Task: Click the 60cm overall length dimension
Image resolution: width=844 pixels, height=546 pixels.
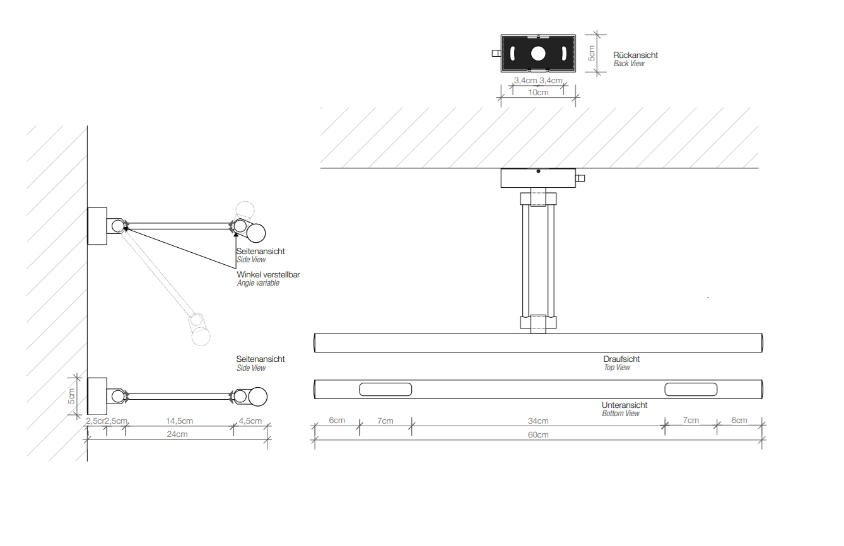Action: point(538,435)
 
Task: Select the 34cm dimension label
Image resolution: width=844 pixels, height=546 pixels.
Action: point(538,421)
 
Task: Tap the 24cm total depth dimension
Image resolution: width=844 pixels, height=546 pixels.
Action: point(177,434)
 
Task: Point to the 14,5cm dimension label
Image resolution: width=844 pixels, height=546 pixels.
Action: point(179,421)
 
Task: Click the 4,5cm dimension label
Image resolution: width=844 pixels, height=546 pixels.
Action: point(250,421)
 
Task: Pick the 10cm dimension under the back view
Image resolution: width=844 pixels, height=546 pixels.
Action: point(538,93)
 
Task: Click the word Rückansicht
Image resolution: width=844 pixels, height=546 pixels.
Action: point(636,55)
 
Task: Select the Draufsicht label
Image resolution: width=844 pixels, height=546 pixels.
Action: point(621,359)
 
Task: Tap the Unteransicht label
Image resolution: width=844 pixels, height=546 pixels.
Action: point(624,405)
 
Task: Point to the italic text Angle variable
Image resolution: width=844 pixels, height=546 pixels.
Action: point(258,283)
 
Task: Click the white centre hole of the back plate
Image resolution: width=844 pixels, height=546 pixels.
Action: point(537,54)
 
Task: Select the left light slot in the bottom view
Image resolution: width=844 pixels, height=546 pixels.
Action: point(385,390)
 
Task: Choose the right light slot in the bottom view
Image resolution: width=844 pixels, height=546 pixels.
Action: point(691,390)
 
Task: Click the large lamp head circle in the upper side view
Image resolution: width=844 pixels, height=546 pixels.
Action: point(256,233)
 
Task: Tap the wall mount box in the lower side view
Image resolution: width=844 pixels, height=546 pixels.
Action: point(97,396)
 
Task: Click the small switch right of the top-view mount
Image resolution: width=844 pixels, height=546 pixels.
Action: point(580,178)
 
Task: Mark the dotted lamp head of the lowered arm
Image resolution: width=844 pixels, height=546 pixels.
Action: point(201,336)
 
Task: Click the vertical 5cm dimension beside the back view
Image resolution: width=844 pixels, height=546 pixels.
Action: point(592,54)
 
